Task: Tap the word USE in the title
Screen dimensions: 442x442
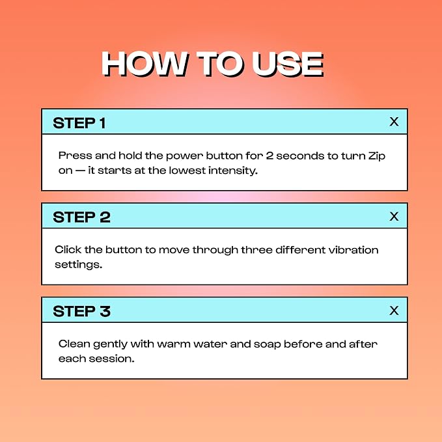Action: click(x=287, y=64)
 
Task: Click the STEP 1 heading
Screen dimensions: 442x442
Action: click(x=79, y=123)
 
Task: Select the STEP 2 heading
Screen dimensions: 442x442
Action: click(x=81, y=217)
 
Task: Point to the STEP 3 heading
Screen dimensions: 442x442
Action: click(x=81, y=312)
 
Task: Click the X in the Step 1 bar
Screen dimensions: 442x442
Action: click(x=394, y=122)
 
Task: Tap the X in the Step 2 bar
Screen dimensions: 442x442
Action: click(x=394, y=217)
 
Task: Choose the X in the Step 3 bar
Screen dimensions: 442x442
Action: click(x=394, y=311)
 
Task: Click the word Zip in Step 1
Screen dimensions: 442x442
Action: click(x=377, y=156)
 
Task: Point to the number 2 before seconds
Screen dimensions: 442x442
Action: click(x=269, y=156)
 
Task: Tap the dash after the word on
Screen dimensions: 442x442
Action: click(x=80, y=171)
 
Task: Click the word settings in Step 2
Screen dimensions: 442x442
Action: click(x=78, y=265)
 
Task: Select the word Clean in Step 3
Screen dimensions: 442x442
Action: click(x=74, y=344)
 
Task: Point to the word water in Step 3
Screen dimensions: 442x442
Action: click(x=210, y=344)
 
